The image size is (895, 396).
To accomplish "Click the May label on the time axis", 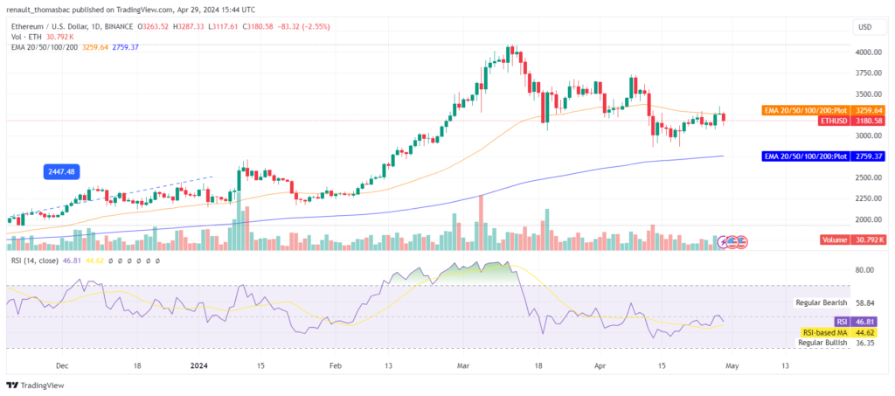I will click(732, 366).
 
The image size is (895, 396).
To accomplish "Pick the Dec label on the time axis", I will click(62, 366).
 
